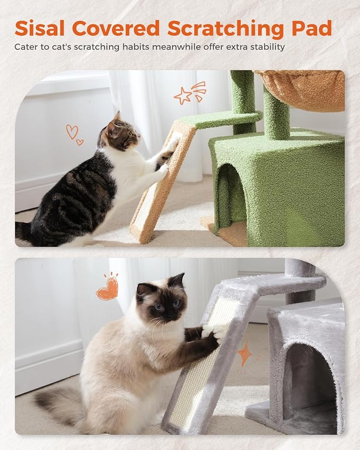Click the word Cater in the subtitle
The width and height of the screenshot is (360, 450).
[x=26, y=47]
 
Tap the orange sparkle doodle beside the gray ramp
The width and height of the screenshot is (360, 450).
[x=244, y=355]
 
